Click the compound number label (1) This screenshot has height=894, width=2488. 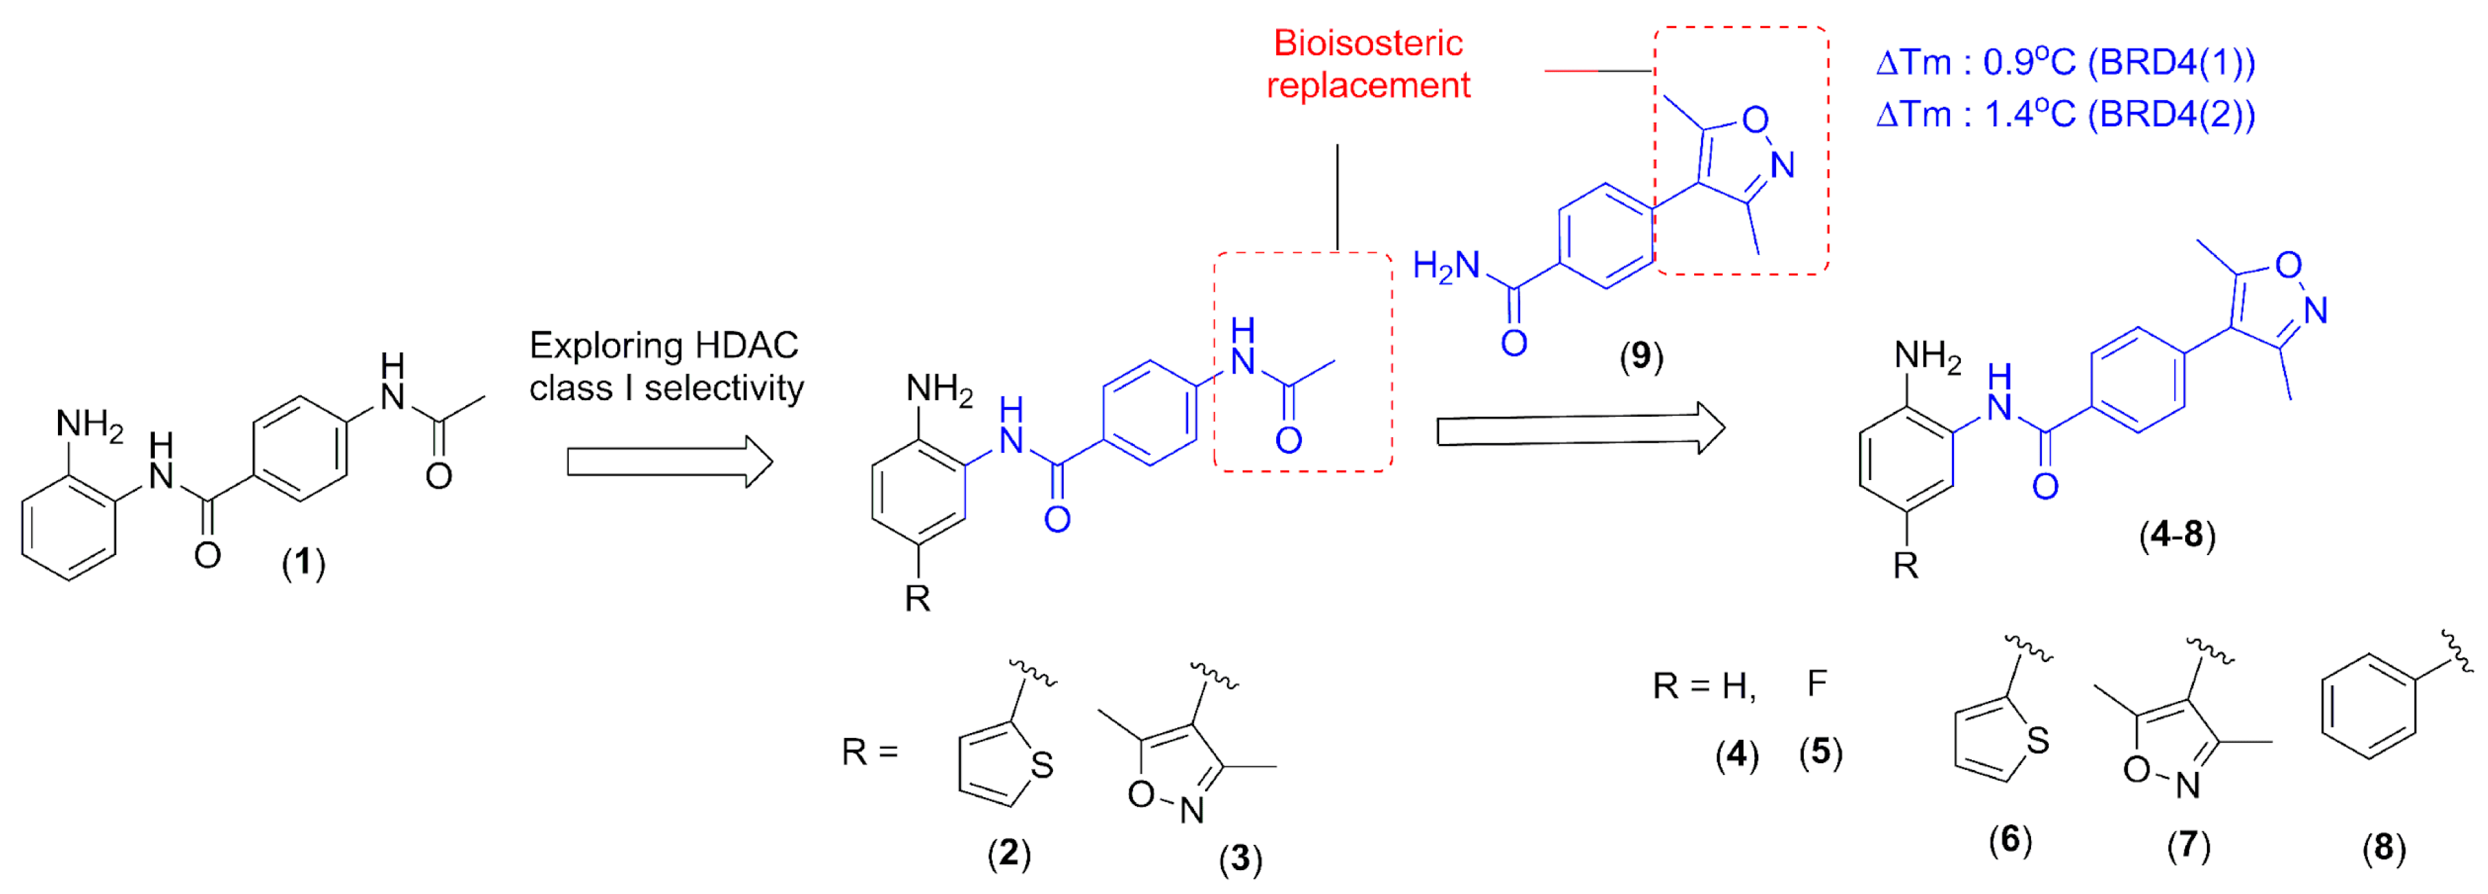[303, 562]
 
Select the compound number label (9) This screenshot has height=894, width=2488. [1641, 357]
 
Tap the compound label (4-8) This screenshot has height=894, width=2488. [2177, 534]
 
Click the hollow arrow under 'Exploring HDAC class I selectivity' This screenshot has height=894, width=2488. [669, 462]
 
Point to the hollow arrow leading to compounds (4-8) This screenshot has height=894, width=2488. [1580, 430]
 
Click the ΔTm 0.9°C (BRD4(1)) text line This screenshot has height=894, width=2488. [2065, 63]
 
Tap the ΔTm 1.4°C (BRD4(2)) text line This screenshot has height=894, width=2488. [2065, 115]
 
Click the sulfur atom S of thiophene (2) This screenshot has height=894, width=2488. [1041, 766]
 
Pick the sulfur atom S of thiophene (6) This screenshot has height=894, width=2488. [2038, 741]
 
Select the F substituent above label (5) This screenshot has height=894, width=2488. [1817, 683]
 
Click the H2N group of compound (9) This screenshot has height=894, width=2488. [1446, 267]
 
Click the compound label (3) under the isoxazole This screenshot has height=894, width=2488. [1240, 859]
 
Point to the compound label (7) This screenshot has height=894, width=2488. [2189, 846]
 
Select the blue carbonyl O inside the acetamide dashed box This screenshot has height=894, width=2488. [1288, 441]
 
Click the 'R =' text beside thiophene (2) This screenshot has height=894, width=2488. [870, 751]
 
